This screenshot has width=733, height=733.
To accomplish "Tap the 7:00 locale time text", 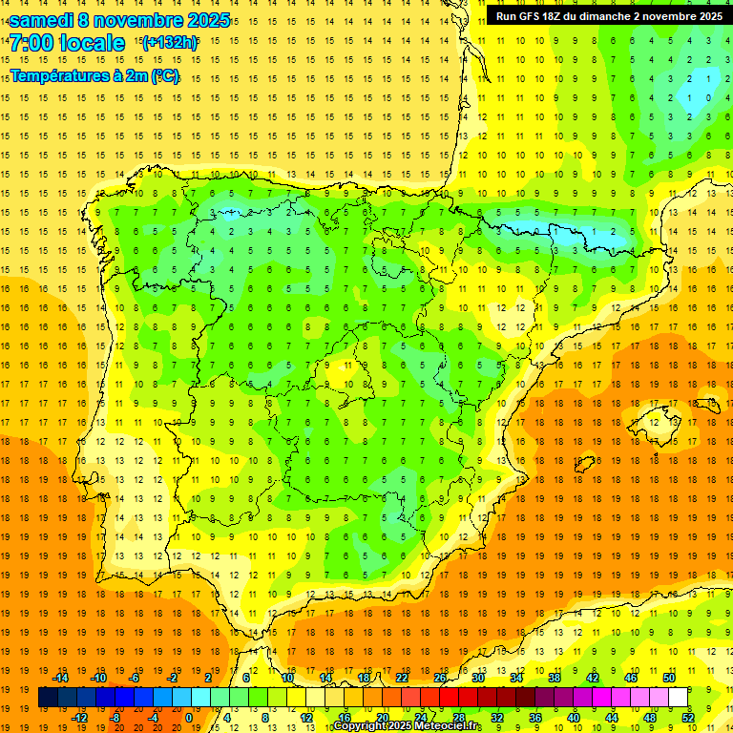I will (x=67, y=43).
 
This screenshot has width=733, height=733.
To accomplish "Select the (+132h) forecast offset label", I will (x=170, y=42).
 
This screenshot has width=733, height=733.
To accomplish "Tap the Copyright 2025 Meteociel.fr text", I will (x=407, y=726).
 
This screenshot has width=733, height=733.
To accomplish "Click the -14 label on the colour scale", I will (x=61, y=678).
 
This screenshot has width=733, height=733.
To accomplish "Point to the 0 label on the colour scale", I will (x=188, y=718).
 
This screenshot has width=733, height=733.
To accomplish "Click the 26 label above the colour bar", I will (x=440, y=678).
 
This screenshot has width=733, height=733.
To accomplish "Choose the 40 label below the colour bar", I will (x=574, y=718).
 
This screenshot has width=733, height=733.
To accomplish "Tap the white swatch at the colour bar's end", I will (x=679, y=698).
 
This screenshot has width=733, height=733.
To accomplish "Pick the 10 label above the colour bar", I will (x=287, y=678).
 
